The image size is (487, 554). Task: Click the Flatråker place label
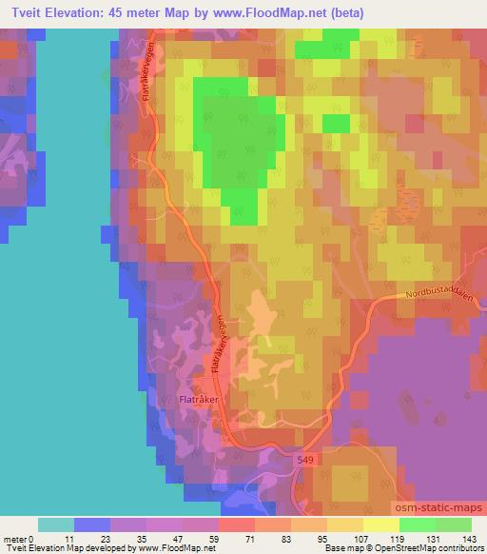tap(200, 400)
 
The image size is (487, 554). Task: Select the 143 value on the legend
tap(469, 538)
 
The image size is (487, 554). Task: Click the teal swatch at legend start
tap(56, 525)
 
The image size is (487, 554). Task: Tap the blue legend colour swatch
tap(92, 525)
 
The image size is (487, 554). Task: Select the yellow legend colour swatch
tap(380, 525)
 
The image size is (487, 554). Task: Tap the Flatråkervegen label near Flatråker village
tap(217, 346)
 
